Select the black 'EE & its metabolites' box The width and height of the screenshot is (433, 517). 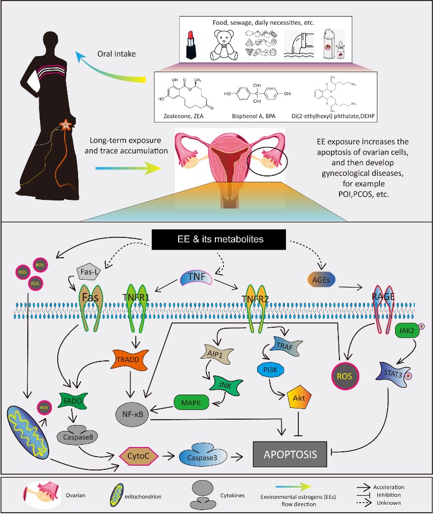tap(216, 239)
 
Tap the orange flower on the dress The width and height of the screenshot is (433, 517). tap(66, 125)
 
